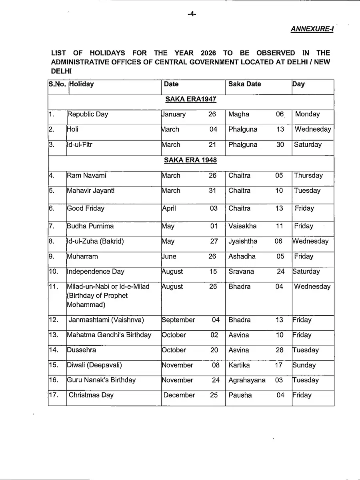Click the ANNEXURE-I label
312,29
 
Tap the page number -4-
192,14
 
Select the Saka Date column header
244,84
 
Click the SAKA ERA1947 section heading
191,99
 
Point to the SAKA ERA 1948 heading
190,160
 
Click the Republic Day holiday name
88,114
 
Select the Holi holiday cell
73,130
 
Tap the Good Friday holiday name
86,208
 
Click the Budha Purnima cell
90,226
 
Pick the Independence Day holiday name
96,272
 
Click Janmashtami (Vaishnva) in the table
106,320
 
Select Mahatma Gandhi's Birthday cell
109,335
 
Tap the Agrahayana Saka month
247,380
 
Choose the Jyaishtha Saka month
243,241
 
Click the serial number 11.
54,287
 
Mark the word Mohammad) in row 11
86,305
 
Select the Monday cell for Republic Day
307,114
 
